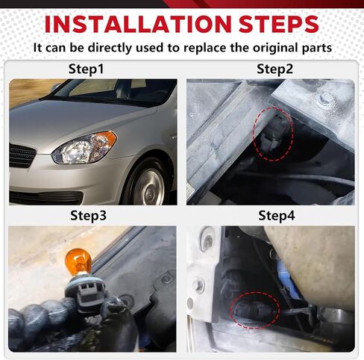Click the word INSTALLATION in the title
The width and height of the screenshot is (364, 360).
point(138,24)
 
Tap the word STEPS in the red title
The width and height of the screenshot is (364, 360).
point(279,24)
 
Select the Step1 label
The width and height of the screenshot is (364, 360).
point(86,69)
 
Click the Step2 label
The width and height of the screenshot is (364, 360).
point(274,69)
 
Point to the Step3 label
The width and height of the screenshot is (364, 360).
point(88,216)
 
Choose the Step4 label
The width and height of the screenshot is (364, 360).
point(277,215)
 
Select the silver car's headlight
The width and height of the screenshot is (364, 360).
point(84,148)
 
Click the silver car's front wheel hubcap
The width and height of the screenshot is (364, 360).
point(148,187)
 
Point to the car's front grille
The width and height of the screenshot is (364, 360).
point(22,155)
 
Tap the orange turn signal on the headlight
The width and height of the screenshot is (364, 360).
point(107,140)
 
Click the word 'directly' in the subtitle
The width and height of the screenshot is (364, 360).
point(110,48)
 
